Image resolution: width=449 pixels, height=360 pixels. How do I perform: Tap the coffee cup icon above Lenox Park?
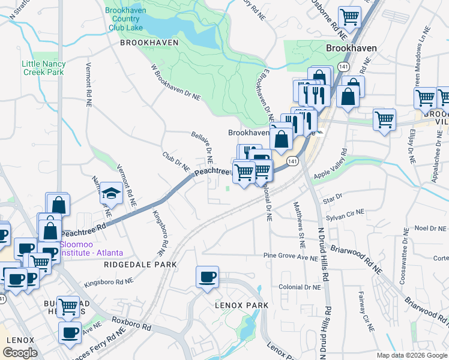(207, 277)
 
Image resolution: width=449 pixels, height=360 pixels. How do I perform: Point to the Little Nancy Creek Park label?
(43, 68)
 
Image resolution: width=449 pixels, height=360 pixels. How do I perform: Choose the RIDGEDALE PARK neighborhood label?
(140, 264)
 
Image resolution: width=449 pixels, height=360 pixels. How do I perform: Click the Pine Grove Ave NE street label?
(291, 256)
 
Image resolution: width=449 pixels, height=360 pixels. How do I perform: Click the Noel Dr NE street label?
(430, 229)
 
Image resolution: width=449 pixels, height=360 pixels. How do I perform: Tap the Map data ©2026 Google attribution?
(412, 355)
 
